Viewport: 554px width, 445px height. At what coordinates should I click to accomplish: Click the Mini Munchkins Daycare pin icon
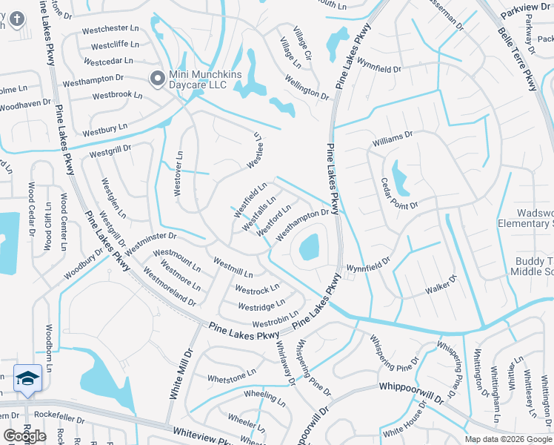point(157,78)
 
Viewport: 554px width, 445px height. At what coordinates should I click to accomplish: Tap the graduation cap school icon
point(27,378)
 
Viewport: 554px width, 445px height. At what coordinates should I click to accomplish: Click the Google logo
point(24,436)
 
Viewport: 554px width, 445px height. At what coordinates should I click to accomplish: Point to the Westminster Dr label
point(151,243)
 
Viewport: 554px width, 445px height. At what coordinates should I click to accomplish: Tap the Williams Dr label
point(393,139)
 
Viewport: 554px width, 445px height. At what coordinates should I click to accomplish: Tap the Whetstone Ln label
point(231,378)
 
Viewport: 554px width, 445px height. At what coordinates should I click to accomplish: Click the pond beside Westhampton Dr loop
point(308,247)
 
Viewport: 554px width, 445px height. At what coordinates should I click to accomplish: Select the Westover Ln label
point(178,174)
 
